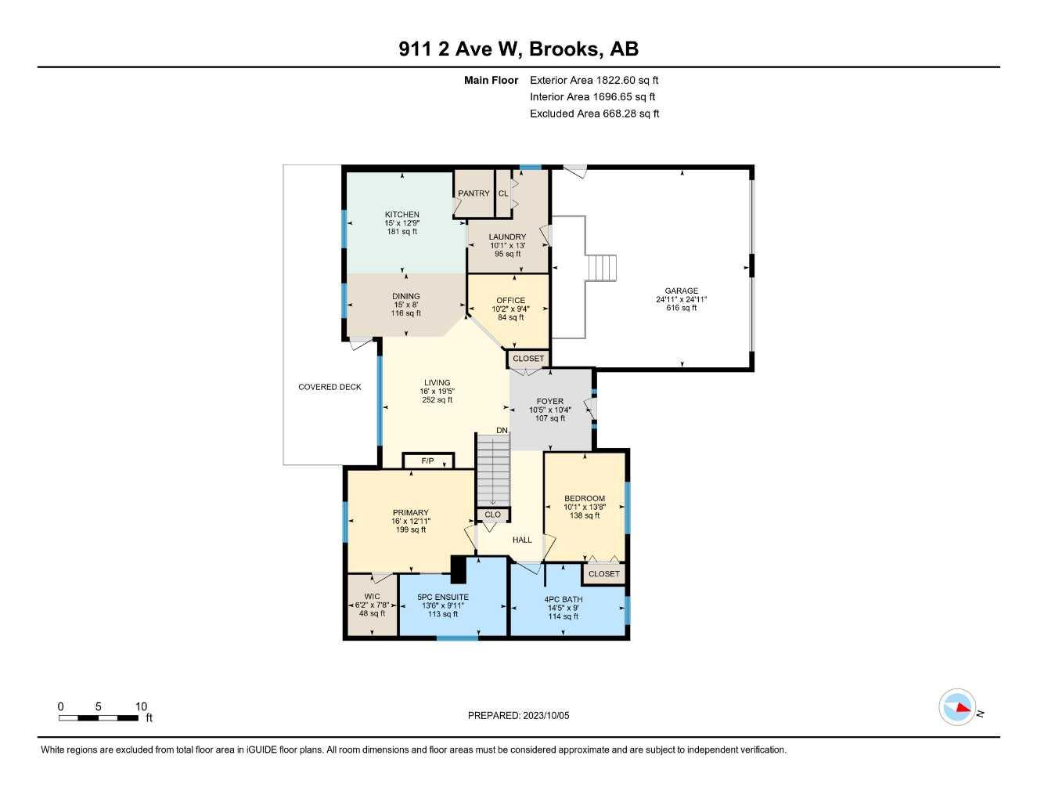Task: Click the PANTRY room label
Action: [473, 193]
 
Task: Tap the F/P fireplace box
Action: [428, 461]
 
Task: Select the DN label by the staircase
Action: [502, 431]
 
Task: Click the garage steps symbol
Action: [603, 268]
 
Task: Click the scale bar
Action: [99, 718]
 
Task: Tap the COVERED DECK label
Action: [329, 387]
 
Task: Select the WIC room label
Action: [372, 596]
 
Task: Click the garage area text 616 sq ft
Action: [682, 308]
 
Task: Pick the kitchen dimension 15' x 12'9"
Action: [401, 223]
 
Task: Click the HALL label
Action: [522, 540]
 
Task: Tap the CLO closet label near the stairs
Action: [492, 515]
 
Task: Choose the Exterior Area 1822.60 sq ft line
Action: [594, 80]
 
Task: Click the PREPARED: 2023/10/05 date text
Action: [518, 716]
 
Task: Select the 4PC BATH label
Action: [564, 600]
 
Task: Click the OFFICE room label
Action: [510, 300]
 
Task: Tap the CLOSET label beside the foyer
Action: [528, 359]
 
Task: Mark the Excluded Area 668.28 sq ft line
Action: [595, 114]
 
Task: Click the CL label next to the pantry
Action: [503, 193]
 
